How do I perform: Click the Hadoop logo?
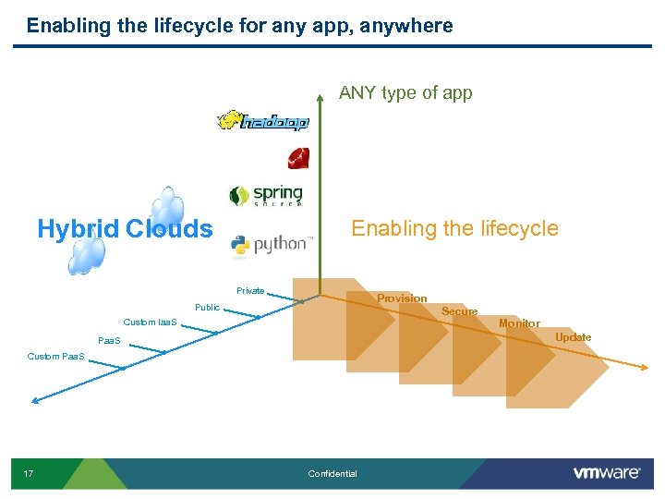coord(263,121)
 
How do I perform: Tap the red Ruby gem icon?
coord(298,158)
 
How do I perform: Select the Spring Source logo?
coord(266,195)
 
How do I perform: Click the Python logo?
coord(271,245)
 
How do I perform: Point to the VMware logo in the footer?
coord(607,473)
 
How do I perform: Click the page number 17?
coord(29,474)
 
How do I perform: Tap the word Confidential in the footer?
coord(332,474)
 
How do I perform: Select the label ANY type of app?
coord(405,92)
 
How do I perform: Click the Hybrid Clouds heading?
coord(125,228)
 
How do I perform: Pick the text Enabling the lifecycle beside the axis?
coord(454,228)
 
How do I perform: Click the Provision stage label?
coord(402,298)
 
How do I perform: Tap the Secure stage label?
coord(459,311)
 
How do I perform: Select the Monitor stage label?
coord(519,323)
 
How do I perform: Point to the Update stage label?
coord(573,337)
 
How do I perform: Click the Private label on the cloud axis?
coord(250,291)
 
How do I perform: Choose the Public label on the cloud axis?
coord(207,307)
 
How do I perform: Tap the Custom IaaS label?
coord(151,323)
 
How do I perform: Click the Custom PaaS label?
coord(55,356)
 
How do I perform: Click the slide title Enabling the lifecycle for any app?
coord(240,26)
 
